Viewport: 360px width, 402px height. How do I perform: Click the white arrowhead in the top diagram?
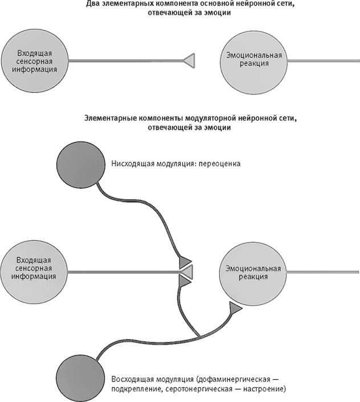189,59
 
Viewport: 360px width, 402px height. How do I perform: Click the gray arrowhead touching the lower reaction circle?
235,308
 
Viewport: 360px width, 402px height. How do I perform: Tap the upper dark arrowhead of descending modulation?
185,261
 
